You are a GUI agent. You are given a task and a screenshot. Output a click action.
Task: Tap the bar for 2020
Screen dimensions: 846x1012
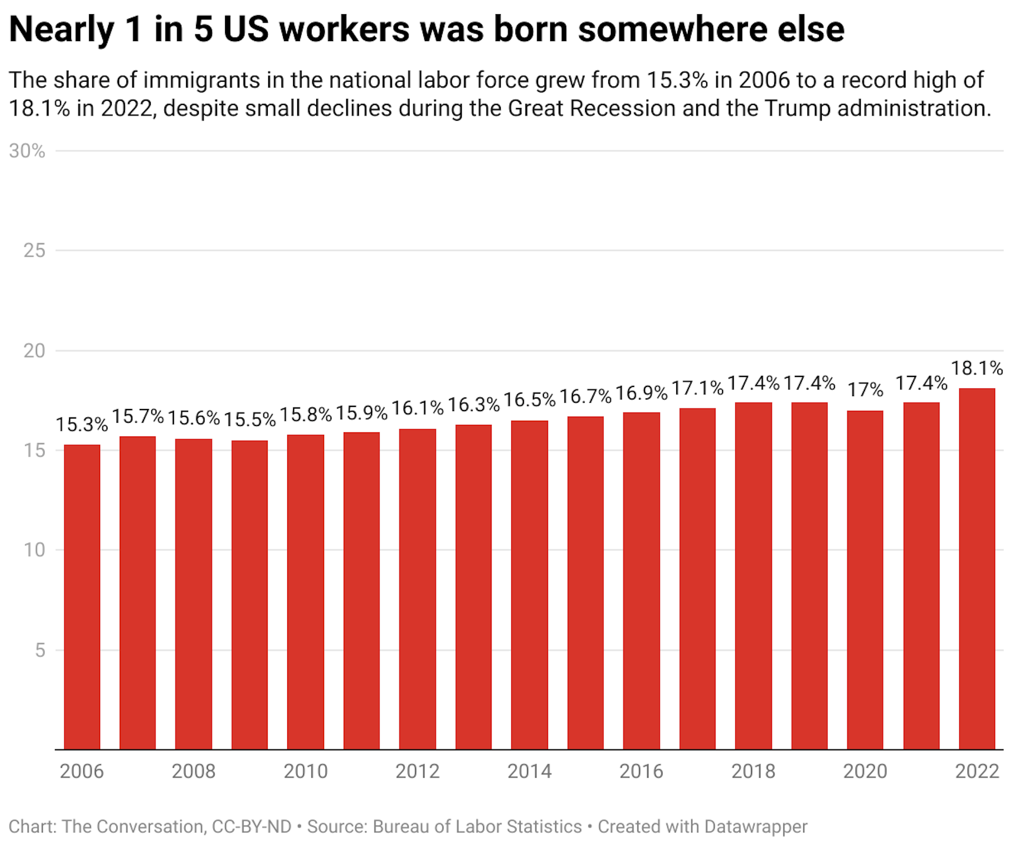tap(865, 580)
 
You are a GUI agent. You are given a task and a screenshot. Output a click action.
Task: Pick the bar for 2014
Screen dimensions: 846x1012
tap(529, 585)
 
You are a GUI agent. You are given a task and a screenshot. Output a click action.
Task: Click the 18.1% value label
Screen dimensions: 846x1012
tap(977, 368)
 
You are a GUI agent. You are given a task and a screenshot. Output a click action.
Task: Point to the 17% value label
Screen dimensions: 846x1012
tap(865, 390)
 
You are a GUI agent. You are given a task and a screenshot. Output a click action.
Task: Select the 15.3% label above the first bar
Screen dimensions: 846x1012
tap(82, 424)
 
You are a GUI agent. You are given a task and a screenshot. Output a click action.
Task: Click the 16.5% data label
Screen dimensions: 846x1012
tap(529, 400)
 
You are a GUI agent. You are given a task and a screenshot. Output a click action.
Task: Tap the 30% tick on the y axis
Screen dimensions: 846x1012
tap(27, 151)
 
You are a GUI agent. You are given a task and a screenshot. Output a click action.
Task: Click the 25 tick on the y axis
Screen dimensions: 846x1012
tap(34, 251)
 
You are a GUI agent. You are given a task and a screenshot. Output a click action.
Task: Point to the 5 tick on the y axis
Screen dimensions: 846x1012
tap(40, 650)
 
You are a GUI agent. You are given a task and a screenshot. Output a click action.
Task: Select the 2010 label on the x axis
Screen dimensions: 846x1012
tap(306, 772)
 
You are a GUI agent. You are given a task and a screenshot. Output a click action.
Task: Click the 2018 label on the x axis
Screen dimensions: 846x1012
tap(753, 772)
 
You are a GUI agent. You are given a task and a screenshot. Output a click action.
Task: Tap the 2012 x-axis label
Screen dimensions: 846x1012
tap(417, 772)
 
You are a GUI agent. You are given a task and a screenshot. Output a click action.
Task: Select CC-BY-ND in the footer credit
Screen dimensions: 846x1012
tap(251, 826)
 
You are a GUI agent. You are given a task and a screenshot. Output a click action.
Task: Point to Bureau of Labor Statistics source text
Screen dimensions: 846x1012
tap(477, 826)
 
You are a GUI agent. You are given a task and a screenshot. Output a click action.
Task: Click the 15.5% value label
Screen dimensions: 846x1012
tap(249, 420)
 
